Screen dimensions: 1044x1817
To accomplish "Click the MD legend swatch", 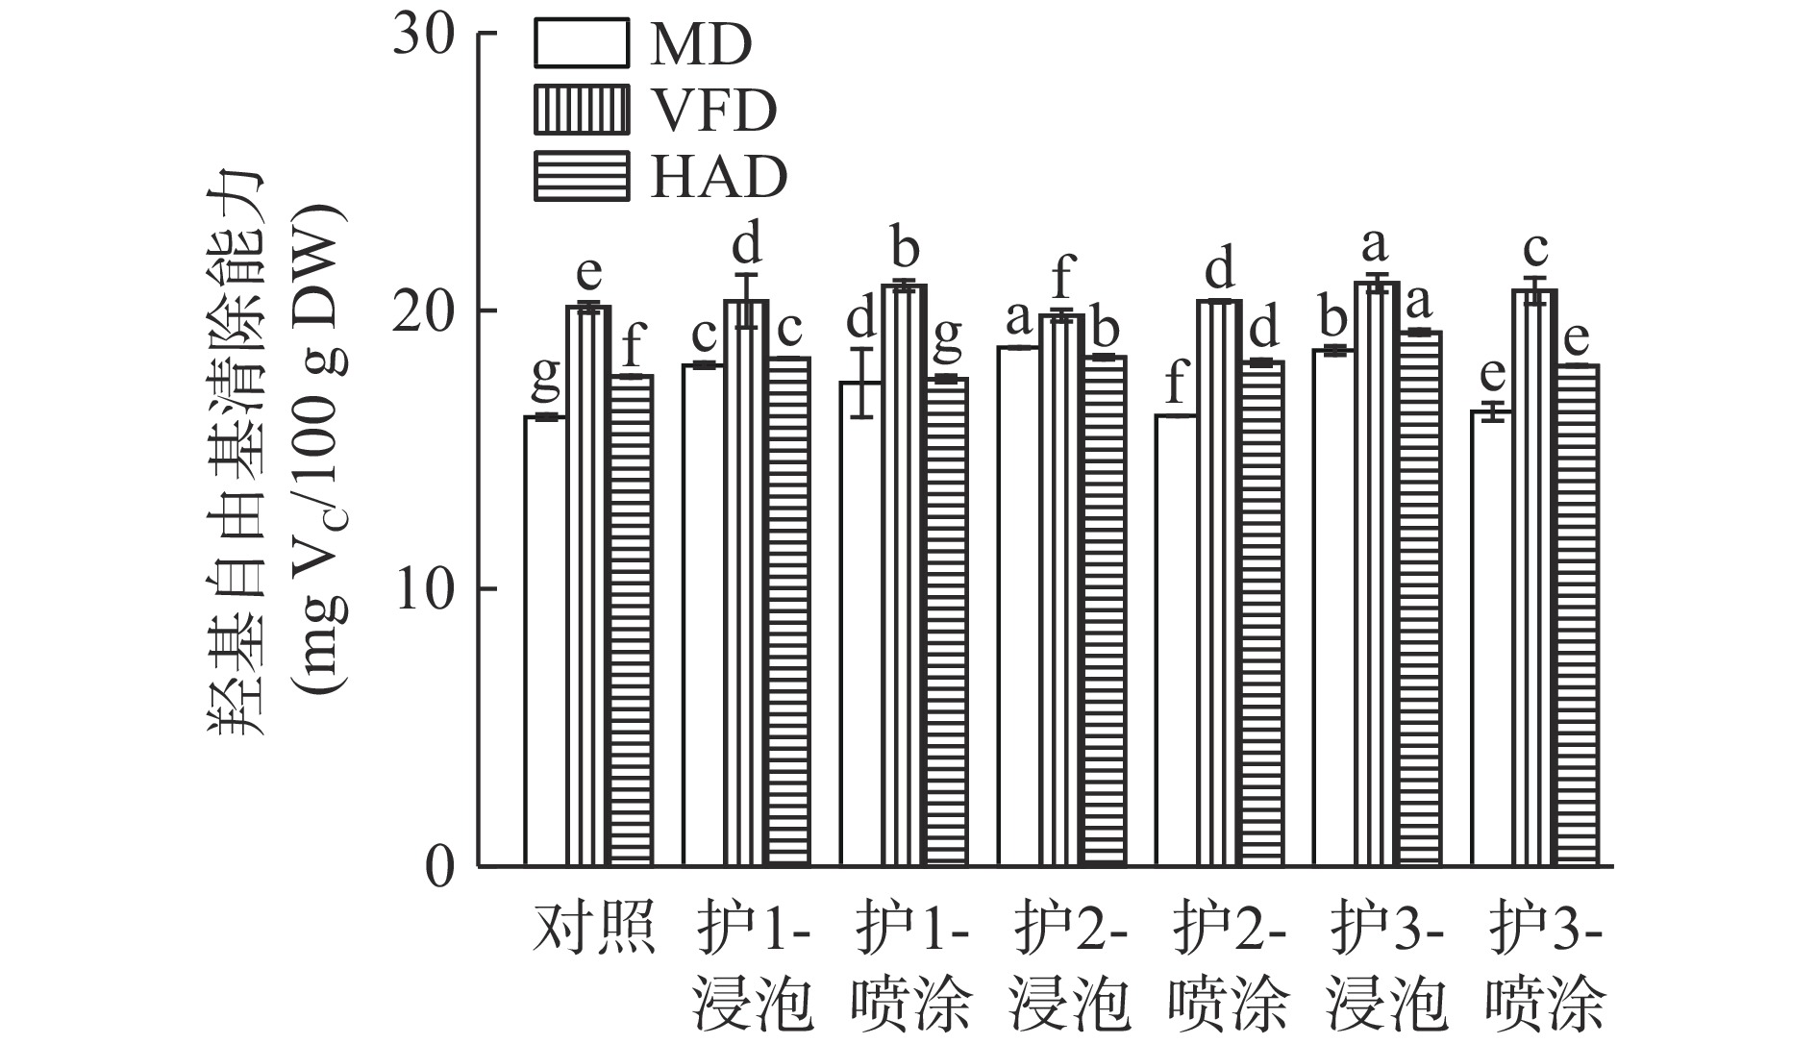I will click(582, 44).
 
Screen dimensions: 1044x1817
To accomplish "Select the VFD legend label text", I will click(713, 111).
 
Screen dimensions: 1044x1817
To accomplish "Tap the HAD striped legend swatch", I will click(582, 177).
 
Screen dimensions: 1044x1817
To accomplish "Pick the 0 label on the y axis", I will click(440, 867).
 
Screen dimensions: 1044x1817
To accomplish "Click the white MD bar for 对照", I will click(545, 641).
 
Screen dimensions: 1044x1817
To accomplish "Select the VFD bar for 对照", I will click(588, 585).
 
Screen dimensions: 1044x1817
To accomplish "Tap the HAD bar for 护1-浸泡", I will click(788, 611).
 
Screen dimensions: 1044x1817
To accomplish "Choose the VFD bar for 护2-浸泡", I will click(1061, 590).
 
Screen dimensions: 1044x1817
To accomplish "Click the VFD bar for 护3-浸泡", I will click(1377, 574).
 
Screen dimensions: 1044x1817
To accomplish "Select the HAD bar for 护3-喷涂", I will click(1577, 615).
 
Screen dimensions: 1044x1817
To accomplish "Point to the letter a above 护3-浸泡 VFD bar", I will click(1377, 246).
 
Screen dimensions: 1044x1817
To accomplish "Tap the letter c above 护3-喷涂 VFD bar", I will click(1535, 250).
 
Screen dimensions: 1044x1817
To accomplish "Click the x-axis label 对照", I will click(594, 928).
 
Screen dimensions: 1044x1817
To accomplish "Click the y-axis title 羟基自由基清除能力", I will click(236, 452).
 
